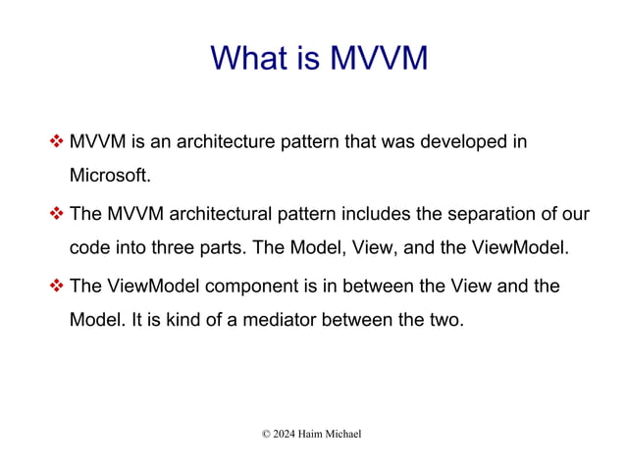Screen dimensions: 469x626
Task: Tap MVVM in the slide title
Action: pos(378,58)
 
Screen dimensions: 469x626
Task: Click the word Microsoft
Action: pos(111,177)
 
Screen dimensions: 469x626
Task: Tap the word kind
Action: pos(165,320)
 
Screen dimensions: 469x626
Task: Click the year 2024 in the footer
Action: pos(283,433)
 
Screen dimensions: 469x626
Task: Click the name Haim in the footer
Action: pos(315,433)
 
